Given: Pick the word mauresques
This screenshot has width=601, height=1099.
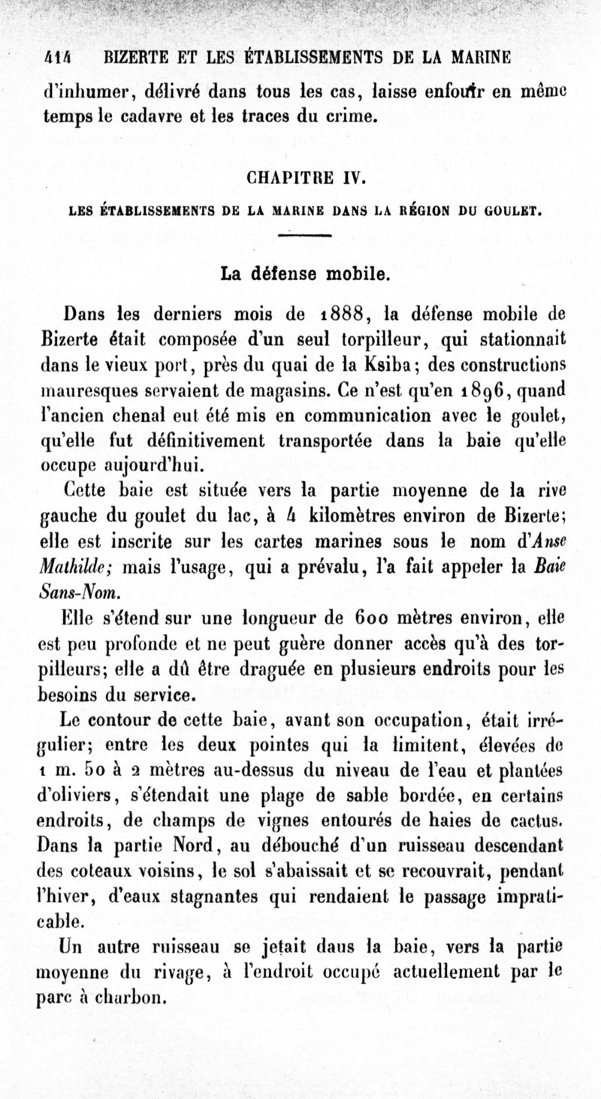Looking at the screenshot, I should point(79,390).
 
